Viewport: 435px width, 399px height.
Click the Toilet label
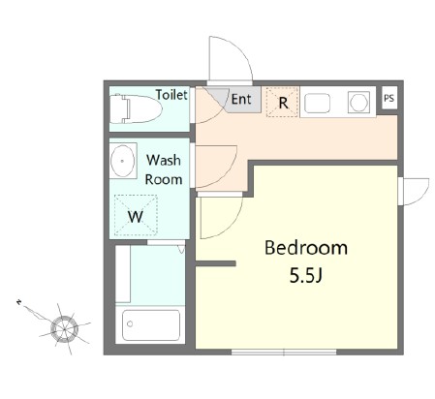[171, 95]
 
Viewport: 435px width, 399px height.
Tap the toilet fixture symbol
[136, 108]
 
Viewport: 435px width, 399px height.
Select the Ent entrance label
[241, 99]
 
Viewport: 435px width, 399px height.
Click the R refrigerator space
[282, 102]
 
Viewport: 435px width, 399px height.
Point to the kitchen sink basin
[318, 103]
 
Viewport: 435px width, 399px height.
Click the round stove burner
[358, 103]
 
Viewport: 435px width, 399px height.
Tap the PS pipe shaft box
[389, 98]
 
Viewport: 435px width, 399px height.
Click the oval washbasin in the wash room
[123, 161]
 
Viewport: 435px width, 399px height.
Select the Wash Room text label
[164, 169]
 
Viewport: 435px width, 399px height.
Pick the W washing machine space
[136, 215]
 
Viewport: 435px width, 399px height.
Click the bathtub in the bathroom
[151, 325]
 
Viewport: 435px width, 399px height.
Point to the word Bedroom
[306, 248]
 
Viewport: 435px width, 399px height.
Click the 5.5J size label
[306, 275]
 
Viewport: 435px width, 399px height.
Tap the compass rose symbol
[64, 329]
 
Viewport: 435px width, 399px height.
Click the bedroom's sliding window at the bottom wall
[284, 352]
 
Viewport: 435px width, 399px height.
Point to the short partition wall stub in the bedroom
[216, 263]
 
